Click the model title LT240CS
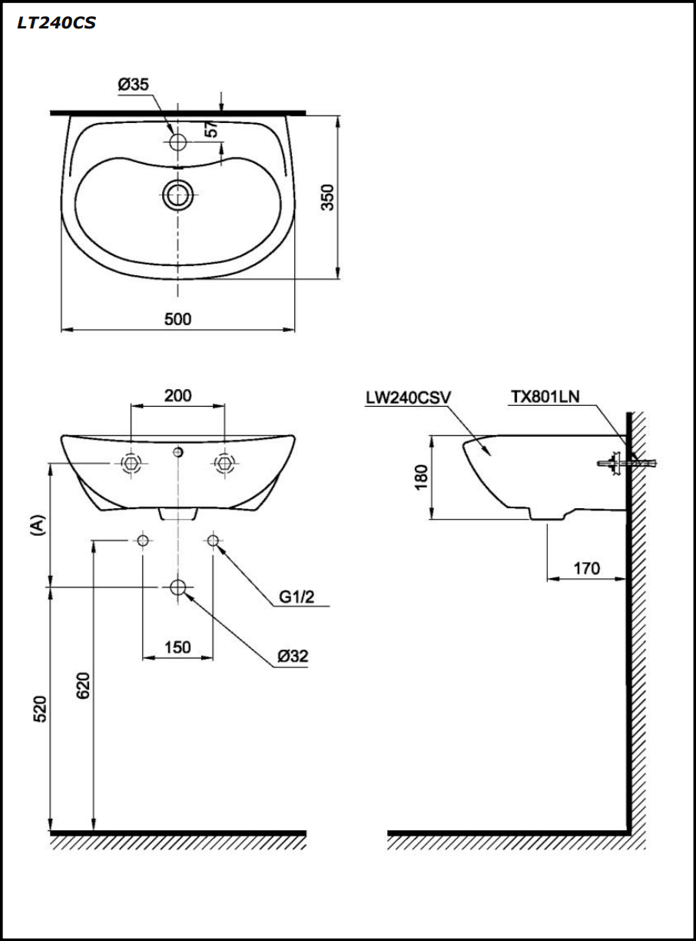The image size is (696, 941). pyautogui.click(x=56, y=23)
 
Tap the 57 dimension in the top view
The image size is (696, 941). pyautogui.click(x=213, y=128)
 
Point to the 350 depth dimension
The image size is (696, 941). pyautogui.click(x=327, y=198)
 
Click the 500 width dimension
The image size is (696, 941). pyautogui.click(x=177, y=319)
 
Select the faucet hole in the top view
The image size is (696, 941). pyautogui.click(x=178, y=142)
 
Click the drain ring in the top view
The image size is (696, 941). pyautogui.click(x=178, y=195)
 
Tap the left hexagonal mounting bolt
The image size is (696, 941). pyautogui.click(x=131, y=463)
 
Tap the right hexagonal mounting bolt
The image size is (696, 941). pyautogui.click(x=224, y=463)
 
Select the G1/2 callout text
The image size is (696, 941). pyautogui.click(x=297, y=597)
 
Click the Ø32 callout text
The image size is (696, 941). pyautogui.click(x=293, y=657)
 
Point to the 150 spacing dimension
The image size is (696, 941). pyautogui.click(x=177, y=647)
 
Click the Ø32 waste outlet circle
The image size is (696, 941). pyautogui.click(x=178, y=588)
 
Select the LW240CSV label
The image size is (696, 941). pyautogui.click(x=409, y=397)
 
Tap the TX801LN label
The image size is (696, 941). pyautogui.click(x=545, y=397)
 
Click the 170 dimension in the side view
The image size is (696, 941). pyautogui.click(x=587, y=569)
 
